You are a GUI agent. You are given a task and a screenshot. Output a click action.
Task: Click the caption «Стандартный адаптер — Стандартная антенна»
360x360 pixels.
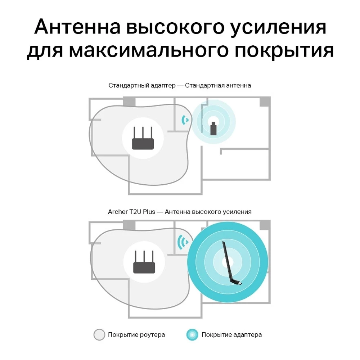(x=180, y=86)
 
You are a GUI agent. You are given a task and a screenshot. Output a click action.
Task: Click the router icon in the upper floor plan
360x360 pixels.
(x=143, y=138)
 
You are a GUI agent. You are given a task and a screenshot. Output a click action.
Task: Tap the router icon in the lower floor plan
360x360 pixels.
(x=144, y=262)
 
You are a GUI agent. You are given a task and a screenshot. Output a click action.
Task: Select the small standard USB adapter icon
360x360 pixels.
(x=213, y=129)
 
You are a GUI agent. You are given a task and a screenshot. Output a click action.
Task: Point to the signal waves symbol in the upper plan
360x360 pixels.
(x=185, y=120)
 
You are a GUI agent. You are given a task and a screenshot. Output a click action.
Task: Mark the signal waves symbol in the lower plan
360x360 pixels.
(x=183, y=242)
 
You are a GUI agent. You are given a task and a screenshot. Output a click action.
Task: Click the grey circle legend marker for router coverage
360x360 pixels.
(x=99, y=334)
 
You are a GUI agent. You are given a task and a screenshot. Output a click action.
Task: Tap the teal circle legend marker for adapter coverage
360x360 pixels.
(x=192, y=335)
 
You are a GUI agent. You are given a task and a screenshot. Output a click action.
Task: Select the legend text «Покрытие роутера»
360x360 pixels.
(x=136, y=335)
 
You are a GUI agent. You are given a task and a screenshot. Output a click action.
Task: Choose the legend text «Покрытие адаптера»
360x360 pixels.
(x=231, y=335)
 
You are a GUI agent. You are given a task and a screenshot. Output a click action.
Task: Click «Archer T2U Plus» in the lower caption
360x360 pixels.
(x=131, y=212)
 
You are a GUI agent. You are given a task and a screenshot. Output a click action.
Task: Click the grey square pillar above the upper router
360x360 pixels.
(x=129, y=102)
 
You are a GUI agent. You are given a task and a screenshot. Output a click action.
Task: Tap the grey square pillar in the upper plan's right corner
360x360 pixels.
(x=265, y=102)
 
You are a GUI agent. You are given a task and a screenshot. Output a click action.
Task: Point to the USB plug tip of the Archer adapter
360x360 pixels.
(x=240, y=284)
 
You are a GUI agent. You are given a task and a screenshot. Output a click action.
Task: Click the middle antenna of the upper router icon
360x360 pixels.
(x=143, y=132)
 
